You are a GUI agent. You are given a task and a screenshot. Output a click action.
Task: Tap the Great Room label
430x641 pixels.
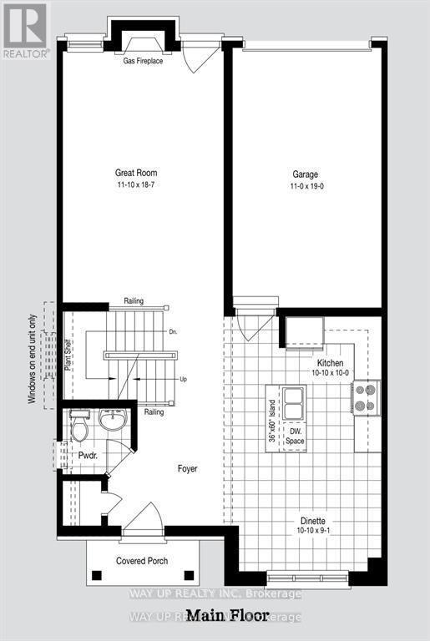[x=136, y=174]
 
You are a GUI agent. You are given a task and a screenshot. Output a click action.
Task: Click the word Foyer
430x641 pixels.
[x=187, y=469]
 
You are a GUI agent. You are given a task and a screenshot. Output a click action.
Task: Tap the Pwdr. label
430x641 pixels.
[x=89, y=456]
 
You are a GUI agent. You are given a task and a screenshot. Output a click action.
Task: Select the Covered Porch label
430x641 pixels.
[x=142, y=560]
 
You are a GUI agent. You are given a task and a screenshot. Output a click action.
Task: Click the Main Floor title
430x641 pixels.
[x=227, y=617]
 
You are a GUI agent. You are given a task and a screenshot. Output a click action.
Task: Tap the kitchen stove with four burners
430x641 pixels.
[x=367, y=397]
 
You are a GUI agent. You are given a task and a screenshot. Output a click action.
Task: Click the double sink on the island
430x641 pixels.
[x=292, y=404]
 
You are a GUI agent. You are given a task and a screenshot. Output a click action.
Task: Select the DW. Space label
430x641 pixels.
[x=294, y=434]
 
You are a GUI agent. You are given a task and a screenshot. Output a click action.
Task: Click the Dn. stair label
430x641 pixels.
[x=174, y=332]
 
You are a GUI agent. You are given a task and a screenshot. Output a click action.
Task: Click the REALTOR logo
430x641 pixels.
[x=25, y=29]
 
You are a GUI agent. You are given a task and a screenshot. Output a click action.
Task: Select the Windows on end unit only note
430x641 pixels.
[x=33, y=359]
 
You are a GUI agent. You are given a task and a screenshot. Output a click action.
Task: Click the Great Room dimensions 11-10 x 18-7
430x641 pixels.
[x=136, y=185]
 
